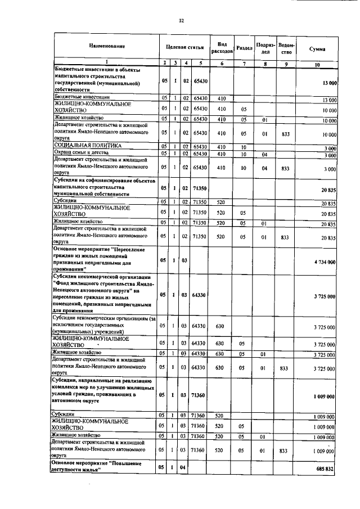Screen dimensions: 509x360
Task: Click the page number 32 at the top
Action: pyautogui.click(x=181, y=21)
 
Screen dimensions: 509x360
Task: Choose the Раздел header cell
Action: pyautogui.click(x=244, y=48)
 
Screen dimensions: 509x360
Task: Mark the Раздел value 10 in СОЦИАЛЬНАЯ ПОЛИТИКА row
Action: pyautogui.click(x=244, y=146)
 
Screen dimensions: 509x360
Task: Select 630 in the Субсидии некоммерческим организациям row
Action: pyautogui.click(x=221, y=326)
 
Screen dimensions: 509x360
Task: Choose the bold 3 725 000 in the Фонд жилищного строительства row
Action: pyautogui.click(x=325, y=295)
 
